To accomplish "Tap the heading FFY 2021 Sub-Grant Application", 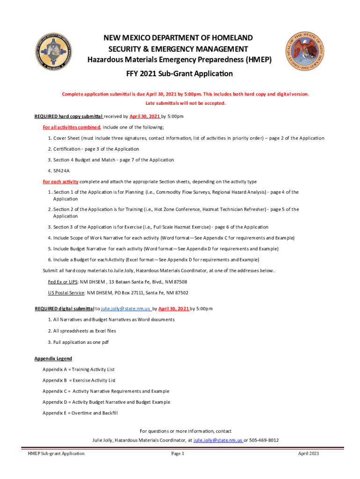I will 180,74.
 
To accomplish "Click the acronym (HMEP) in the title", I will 255,60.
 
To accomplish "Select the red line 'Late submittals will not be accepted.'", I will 186,103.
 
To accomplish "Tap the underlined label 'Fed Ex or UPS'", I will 63,282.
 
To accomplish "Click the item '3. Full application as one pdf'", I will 78,341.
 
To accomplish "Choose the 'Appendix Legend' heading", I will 53,358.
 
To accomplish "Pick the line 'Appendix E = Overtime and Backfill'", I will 80,413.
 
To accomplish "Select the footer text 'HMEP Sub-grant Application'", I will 56,454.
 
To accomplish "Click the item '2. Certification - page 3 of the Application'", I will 93,149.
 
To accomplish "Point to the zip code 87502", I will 180,293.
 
